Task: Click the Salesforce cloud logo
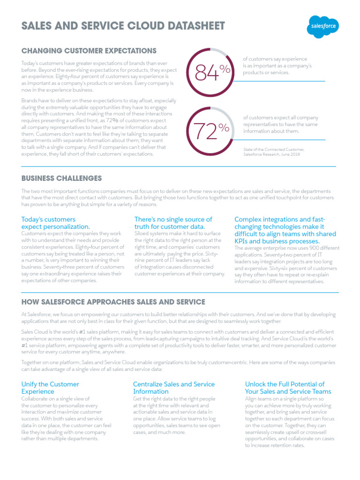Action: point(323,26)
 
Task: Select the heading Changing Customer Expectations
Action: point(89,50)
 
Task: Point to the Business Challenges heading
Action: point(61,178)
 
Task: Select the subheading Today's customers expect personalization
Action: point(55,223)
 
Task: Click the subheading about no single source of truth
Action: point(173,223)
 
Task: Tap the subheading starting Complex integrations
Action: point(285,230)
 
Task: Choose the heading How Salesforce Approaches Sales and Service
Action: point(113,301)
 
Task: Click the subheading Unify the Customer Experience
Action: point(50,388)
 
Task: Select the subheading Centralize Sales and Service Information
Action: point(174,388)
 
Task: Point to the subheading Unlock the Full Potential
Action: point(288,388)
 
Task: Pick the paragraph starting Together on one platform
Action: point(179,366)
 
